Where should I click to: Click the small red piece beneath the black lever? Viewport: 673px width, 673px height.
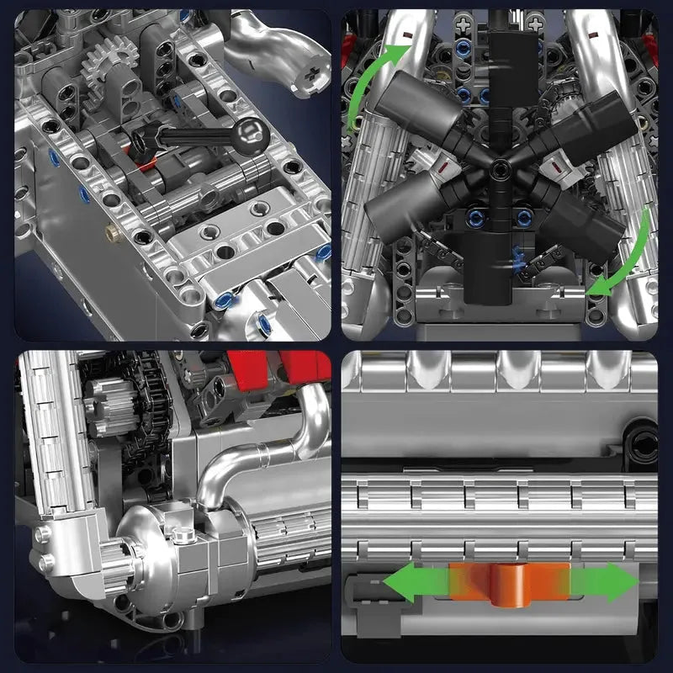point(147,163)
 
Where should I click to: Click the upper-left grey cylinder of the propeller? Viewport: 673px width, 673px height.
point(412,105)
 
